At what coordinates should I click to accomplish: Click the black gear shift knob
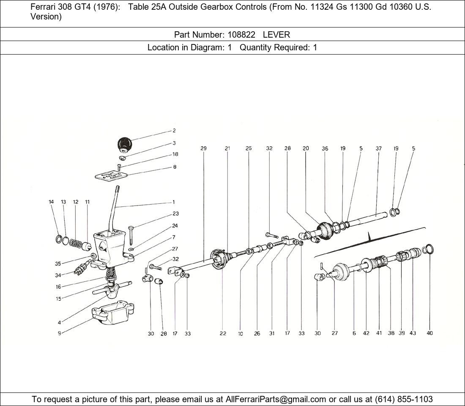click(124, 145)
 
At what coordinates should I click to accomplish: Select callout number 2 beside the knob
click(174, 131)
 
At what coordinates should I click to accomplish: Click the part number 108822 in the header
click(241, 35)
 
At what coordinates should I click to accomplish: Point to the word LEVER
click(276, 35)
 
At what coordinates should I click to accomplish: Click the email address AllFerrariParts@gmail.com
click(276, 399)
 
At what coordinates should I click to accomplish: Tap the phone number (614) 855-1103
click(404, 399)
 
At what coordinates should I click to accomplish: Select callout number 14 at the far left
click(51, 202)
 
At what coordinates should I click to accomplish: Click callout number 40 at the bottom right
click(430, 333)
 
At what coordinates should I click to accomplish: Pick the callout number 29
click(203, 148)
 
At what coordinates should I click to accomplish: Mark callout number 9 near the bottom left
click(59, 333)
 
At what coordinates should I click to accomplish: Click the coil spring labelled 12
click(76, 244)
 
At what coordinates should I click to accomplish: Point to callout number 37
click(378, 148)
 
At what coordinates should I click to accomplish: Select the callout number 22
click(223, 333)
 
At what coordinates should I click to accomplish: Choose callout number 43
click(413, 333)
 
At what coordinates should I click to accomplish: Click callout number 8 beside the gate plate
click(175, 167)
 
